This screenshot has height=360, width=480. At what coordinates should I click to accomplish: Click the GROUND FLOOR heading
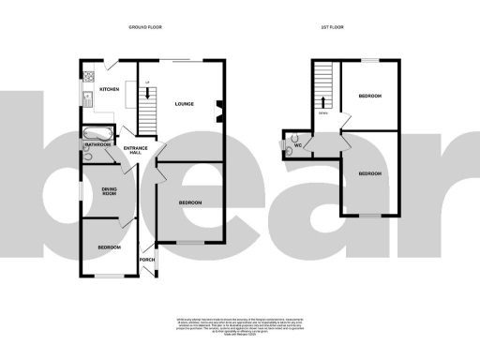pos(146,27)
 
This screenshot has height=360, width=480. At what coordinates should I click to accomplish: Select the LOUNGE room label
pos(184,103)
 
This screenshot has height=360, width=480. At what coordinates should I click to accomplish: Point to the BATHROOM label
pos(98,145)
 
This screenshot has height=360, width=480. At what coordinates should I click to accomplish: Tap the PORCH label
pos(146,260)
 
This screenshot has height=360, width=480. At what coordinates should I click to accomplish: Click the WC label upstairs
pos(298,145)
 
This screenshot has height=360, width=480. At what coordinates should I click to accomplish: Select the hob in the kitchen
pos(88,76)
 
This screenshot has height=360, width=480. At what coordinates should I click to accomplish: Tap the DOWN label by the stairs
pos(323,113)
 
